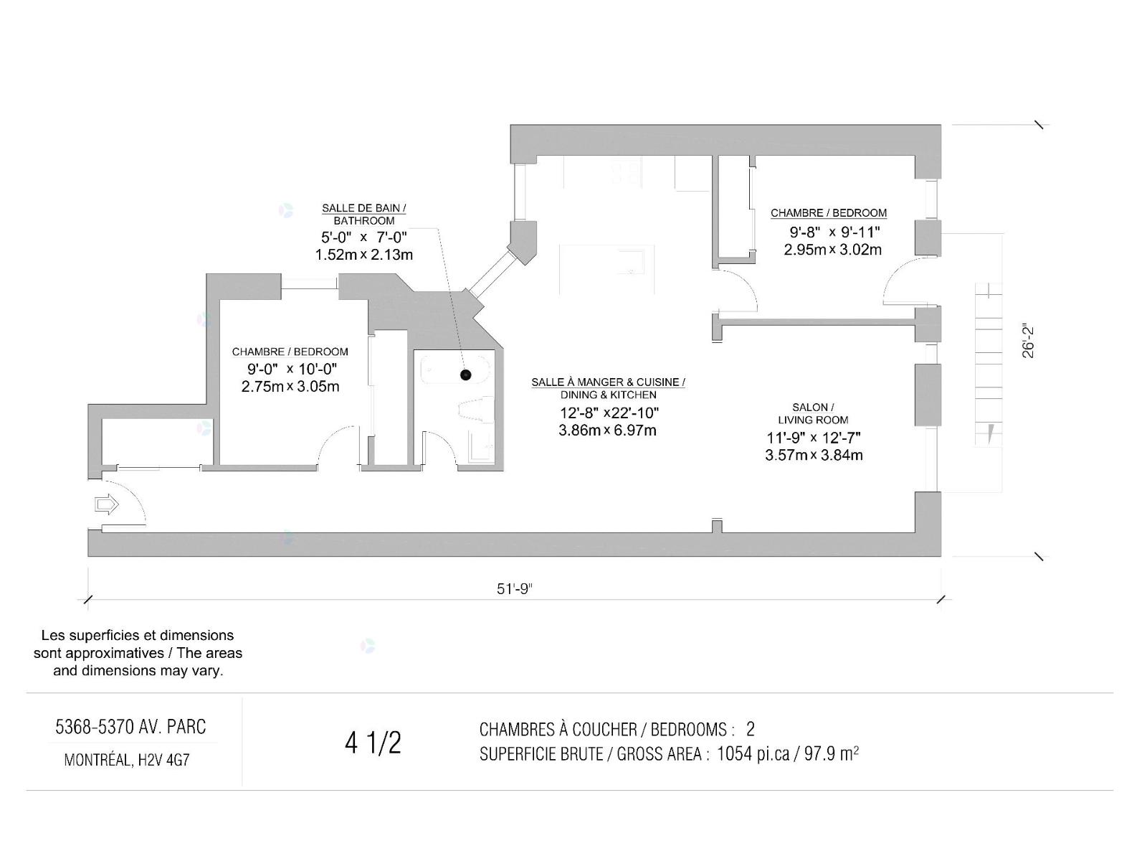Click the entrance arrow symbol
(x=107, y=505)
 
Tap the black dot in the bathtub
(x=465, y=375)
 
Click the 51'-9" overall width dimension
(x=515, y=589)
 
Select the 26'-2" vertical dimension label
(x=1028, y=342)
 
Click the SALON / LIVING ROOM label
(x=813, y=413)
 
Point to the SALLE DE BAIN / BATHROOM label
(x=363, y=215)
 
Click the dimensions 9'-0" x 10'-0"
(x=292, y=369)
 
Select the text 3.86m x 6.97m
(x=607, y=430)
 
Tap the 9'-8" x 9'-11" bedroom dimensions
(x=834, y=232)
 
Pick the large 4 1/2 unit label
(x=373, y=743)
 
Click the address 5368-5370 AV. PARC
(x=130, y=727)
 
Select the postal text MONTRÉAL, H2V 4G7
(x=127, y=760)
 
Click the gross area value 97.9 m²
(x=832, y=754)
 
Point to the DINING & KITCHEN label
(x=608, y=395)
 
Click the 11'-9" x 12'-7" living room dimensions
(x=814, y=437)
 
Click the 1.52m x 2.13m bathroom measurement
(x=363, y=255)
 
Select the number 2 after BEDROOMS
(x=751, y=729)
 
